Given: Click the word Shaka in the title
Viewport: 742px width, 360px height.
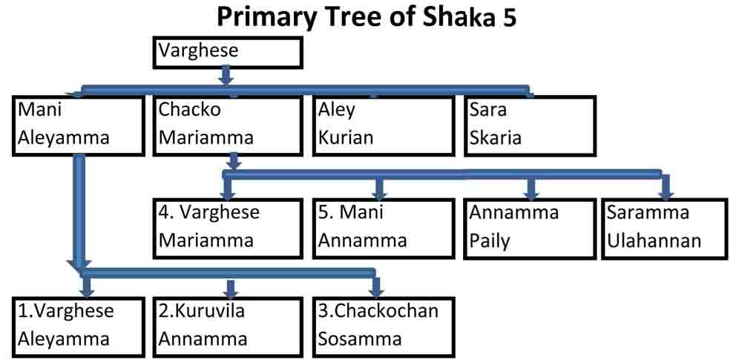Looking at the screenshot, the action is click(x=447, y=18).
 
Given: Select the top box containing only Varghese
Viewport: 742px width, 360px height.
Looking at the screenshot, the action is click(x=228, y=52).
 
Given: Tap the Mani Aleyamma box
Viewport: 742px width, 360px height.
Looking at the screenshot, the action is click(x=79, y=125).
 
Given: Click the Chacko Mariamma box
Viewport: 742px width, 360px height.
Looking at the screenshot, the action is click(x=228, y=125).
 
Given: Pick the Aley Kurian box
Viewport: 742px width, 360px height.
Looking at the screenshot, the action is click(x=384, y=125).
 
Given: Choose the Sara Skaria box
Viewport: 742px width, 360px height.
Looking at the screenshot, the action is click(x=530, y=125).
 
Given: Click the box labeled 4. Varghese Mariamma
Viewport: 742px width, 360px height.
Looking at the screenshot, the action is click(x=228, y=229).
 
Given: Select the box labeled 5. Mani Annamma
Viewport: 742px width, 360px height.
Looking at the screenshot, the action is click(x=384, y=229).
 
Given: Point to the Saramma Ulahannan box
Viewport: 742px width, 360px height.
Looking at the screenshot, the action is click(x=663, y=229).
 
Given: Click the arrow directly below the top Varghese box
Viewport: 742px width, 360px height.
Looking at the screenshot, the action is click(x=226, y=76).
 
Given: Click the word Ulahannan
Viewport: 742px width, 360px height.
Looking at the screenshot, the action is click(x=654, y=241).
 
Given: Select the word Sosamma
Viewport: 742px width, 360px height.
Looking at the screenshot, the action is click(x=360, y=339).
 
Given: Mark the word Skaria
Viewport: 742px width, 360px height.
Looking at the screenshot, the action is click(x=495, y=137).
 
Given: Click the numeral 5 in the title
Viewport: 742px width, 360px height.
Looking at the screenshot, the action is click(x=508, y=19).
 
